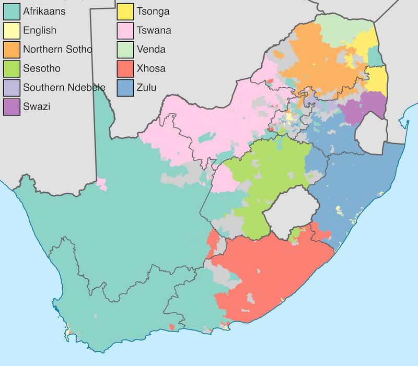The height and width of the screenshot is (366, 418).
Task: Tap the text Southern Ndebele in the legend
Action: pos(64,87)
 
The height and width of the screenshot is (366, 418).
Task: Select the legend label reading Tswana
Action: pos(154,30)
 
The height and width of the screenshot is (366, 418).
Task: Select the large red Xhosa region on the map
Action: pos(272,271)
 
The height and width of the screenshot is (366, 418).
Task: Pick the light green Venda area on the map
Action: pos(345,26)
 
